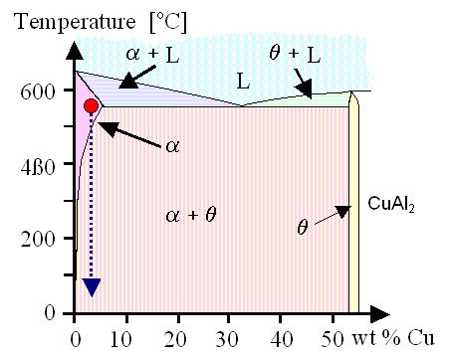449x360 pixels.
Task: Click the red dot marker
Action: click(x=91, y=105)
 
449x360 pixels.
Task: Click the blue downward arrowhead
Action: click(x=92, y=286)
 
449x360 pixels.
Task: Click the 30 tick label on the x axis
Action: click(x=230, y=334)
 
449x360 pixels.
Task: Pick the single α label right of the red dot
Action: click(x=172, y=145)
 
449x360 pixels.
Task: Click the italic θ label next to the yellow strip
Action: click(x=303, y=226)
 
